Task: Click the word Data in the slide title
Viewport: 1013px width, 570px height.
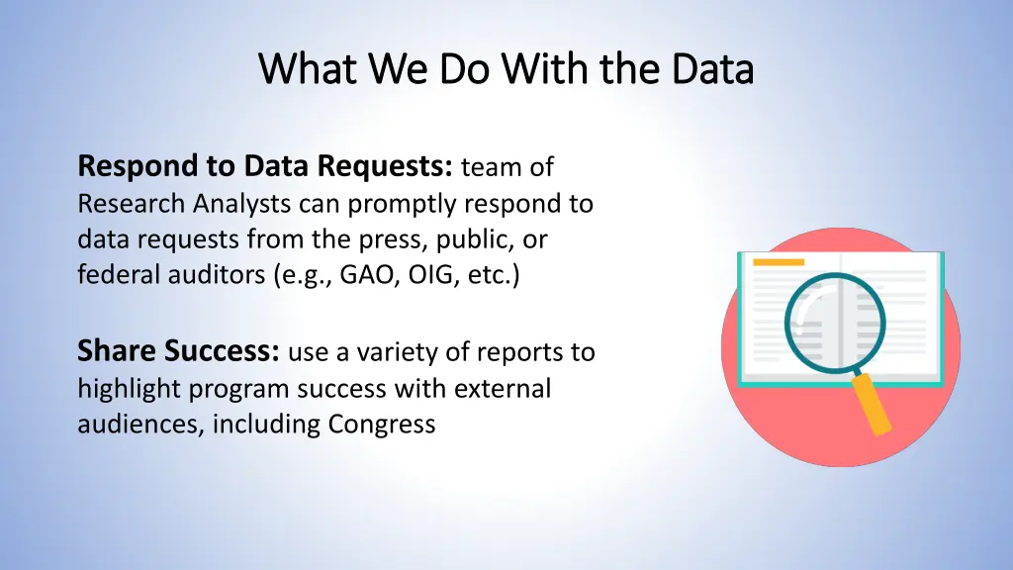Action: pos(711,69)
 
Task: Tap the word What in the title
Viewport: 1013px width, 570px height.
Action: pos(298,69)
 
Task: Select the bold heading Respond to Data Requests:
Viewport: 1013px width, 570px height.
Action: pos(265,167)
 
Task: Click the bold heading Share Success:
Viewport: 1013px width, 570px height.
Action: pos(181,351)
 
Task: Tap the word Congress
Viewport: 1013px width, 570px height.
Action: pos(382,425)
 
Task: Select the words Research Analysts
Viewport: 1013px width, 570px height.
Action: pos(184,204)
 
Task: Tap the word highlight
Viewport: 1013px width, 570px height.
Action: pos(130,389)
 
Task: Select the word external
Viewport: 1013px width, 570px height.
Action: pos(503,389)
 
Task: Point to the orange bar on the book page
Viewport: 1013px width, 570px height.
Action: pos(779,263)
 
